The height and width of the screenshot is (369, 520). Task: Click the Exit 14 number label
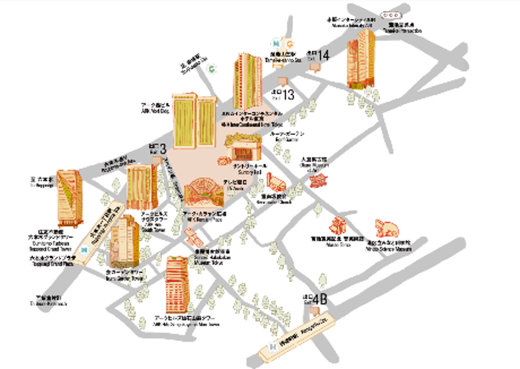coord(323,55)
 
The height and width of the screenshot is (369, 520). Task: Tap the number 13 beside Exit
coord(288,95)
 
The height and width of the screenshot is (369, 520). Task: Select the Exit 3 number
coord(163,149)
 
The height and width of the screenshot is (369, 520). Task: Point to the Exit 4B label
coord(320,300)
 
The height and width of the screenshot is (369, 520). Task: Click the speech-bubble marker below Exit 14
coord(315,67)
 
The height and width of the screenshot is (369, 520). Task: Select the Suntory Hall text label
coord(250,169)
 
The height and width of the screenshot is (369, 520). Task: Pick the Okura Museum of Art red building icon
coord(318,180)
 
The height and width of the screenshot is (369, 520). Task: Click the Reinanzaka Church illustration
coord(276,183)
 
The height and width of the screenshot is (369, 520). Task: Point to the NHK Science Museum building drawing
coord(386,228)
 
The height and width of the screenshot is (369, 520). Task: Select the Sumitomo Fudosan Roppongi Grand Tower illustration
coord(70,198)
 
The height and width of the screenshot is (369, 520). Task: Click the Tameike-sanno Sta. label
coord(283,57)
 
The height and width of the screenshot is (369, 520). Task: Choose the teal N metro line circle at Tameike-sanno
coord(276,44)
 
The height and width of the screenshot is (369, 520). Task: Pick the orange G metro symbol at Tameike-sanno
coord(290,44)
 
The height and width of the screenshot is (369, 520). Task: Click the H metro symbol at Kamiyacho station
coord(273,346)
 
